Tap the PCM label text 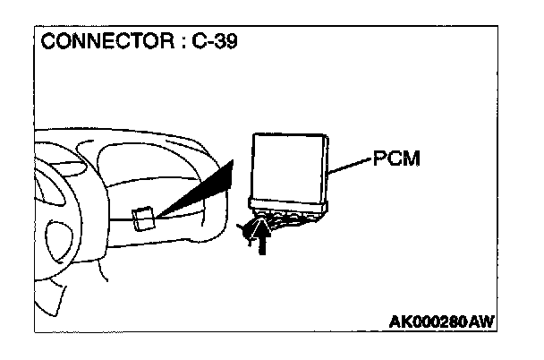[x=395, y=160]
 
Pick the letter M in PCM [x=412, y=160]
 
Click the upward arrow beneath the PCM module [x=260, y=237]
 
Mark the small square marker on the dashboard [x=142, y=219]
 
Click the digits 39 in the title [x=226, y=41]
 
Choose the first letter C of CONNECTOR [x=47, y=41]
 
